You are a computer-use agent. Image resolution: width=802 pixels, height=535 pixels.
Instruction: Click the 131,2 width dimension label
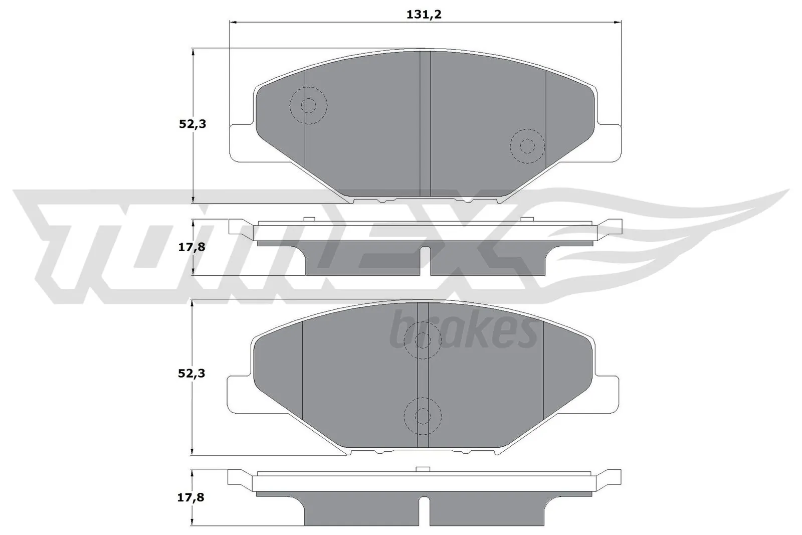[x=424, y=15]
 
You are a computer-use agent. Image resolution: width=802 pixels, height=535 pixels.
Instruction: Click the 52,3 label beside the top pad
[x=192, y=124]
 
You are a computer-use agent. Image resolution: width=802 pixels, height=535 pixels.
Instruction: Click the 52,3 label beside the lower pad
[x=192, y=374]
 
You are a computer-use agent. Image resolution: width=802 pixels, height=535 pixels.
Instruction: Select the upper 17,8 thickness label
[x=192, y=247]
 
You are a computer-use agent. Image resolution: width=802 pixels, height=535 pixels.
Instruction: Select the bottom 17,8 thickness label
[x=192, y=497]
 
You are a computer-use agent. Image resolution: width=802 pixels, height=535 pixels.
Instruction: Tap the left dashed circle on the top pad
[x=309, y=106]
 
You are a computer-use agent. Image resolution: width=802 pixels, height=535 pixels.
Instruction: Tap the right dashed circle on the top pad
[x=527, y=146]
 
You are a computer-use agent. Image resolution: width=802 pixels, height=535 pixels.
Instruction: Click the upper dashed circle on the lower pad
[x=423, y=340]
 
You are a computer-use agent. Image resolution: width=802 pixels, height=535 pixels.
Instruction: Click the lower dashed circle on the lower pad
[x=423, y=416]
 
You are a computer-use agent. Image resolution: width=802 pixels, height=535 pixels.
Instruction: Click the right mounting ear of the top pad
[x=608, y=143]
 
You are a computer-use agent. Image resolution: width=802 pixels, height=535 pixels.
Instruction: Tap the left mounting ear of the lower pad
[x=240, y=394]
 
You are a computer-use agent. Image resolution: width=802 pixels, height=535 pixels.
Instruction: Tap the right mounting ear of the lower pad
[x=608, y=394]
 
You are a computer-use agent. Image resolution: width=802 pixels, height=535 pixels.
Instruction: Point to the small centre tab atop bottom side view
[x=424, y=469]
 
